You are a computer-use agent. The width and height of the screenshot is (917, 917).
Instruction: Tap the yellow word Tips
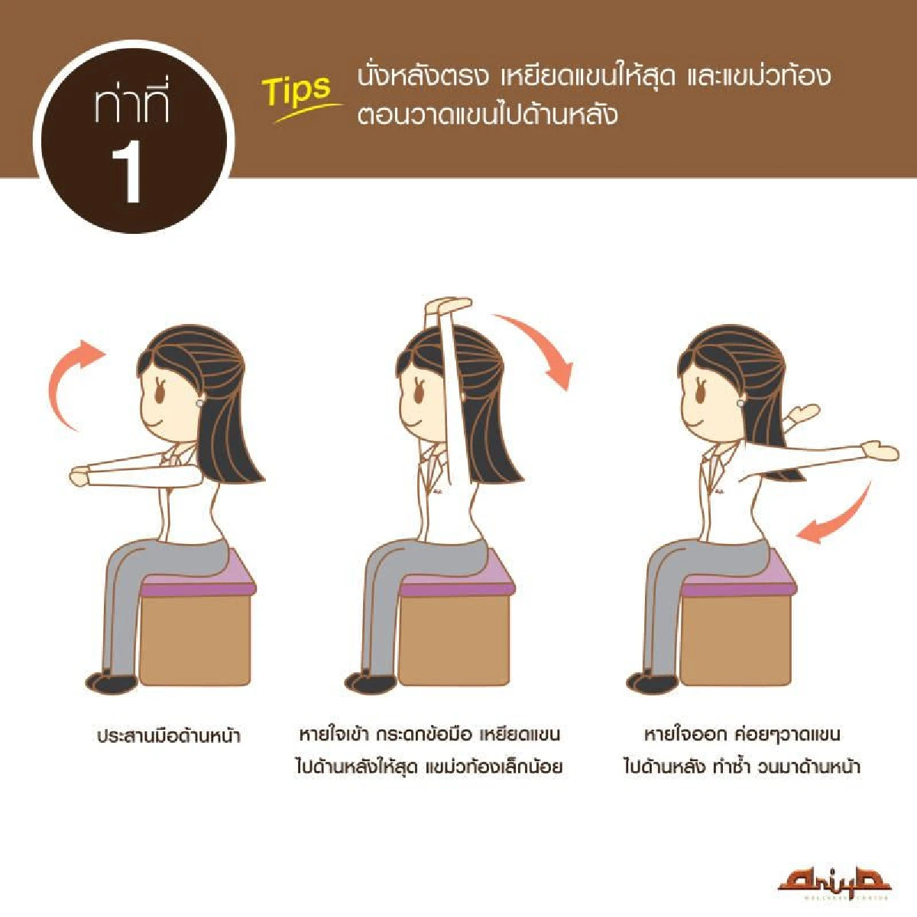298,90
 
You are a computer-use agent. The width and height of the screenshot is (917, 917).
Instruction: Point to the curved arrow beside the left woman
70,382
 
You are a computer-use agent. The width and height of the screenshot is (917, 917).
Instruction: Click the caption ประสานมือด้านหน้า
169,737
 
